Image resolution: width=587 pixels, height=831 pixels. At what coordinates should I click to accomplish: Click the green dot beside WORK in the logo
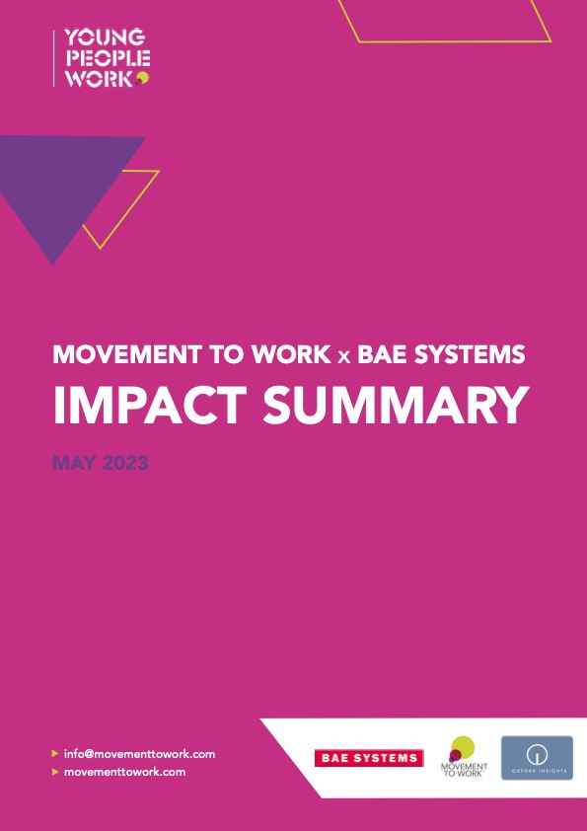coord(143,78)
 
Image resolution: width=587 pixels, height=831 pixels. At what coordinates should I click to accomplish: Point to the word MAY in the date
coord(72,462)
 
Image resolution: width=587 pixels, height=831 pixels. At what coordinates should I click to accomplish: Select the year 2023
coord(123,462)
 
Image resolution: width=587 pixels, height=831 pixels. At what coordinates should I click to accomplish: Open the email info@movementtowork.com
coord(139,753)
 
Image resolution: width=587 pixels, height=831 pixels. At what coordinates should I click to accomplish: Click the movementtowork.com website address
coord(124,771)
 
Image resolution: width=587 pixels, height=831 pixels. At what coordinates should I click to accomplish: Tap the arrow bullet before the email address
coord(55,753)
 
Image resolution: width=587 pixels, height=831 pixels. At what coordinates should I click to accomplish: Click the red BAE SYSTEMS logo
coord(368,758)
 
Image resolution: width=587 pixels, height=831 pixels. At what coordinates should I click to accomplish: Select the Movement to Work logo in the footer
coord(460,757)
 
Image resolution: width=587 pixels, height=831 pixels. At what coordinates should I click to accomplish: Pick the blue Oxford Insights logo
coord(537,758)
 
